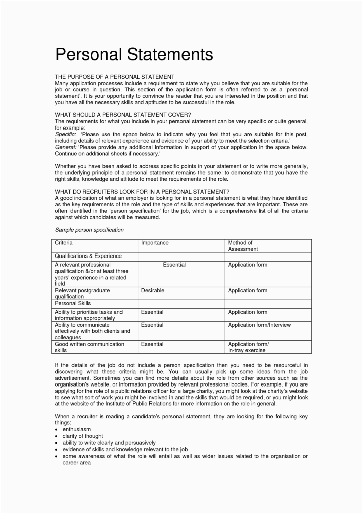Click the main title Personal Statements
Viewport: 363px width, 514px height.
[x=134, y=54]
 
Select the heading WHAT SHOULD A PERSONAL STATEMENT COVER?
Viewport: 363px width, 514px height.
[x=123, y=115]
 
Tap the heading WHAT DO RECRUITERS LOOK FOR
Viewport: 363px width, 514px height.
[x=142, y=192]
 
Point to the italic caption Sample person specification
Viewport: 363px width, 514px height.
[x=89, y=230]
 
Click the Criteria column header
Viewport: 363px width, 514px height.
[x=64, y=243]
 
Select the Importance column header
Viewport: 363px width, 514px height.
[x=155, y=243]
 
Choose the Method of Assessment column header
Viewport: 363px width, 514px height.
[x=243, y=246]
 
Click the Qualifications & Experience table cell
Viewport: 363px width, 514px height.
[x=88, y=255]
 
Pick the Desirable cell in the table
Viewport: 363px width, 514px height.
[x=153, y=290]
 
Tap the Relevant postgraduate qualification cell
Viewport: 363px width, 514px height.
[x=82, y=293]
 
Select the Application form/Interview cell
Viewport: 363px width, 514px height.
[x=259, y=325]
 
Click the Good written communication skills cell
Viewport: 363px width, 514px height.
[x=89, y=347]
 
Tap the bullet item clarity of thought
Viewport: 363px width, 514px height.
[x=83, y=436]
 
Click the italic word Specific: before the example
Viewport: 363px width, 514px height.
[x=65, y=135]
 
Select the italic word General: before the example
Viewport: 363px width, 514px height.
[x=66, y=147]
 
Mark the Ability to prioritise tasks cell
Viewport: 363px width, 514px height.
[x=88, y=315]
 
